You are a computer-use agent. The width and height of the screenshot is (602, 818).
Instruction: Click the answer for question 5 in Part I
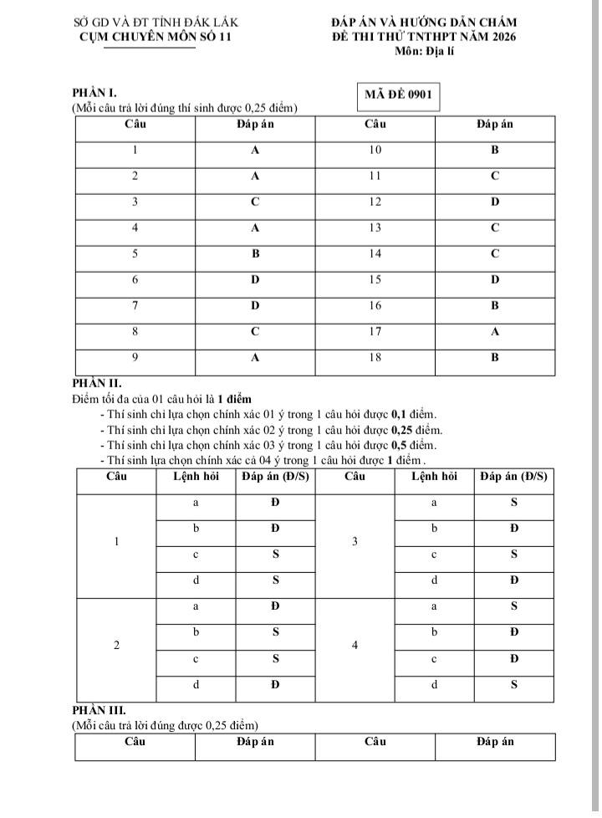tap(256, 253)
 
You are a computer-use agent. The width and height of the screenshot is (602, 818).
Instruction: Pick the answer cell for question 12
tap(495, 202)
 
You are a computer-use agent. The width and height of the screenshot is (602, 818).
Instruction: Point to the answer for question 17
tap(495, 332)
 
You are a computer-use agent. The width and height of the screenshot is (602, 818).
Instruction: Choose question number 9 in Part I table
tap(135, 358)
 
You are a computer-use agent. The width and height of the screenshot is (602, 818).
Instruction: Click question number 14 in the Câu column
tap(375, 253)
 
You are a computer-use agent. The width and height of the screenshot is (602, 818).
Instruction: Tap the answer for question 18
tap(495, 358)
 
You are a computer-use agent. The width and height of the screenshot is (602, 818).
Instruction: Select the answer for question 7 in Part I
tap(256, 306)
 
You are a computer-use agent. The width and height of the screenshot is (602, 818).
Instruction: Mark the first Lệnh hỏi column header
tap(196, 477)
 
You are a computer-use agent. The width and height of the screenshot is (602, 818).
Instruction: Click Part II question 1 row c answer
tap(275, 555)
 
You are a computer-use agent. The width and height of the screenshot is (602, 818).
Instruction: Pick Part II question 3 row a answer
tap(514, 503)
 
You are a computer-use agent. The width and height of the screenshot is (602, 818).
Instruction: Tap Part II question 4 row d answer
tap(514, 684)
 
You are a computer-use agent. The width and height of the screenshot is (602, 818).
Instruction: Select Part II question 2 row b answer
tap(275, 632)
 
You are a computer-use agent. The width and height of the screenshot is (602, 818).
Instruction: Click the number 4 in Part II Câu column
tap(355, 646)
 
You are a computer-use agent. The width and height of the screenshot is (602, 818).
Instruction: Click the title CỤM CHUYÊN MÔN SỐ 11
tap(156, 37)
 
